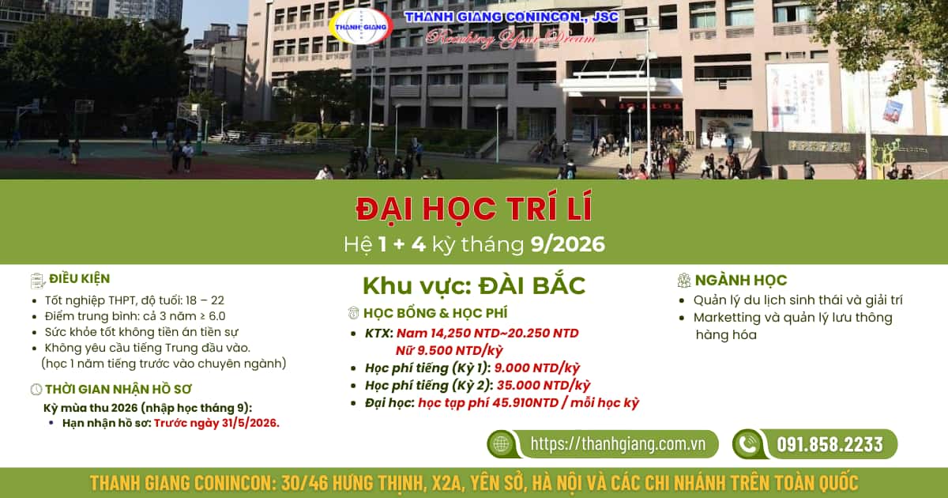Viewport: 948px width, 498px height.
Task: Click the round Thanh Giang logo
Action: click(361, 26)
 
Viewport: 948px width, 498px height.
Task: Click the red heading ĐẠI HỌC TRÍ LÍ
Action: click(474, 209)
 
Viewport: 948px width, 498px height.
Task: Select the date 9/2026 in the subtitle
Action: click(568, 244)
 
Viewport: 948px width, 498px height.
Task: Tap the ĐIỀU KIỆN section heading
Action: click(80, 278)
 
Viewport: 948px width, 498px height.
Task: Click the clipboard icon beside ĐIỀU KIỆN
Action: click(38, 281)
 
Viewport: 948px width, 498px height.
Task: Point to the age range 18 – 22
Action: click(205, 300)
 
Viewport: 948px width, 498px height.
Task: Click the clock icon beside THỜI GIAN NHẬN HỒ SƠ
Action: click(36, 389)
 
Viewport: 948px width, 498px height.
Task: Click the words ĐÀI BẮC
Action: click(532, 285)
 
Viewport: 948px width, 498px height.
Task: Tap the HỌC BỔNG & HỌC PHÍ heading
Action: click(435, 313)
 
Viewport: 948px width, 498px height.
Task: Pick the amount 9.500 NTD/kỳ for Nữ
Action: click(450, 351)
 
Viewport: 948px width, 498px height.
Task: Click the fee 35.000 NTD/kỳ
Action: click(544, 386)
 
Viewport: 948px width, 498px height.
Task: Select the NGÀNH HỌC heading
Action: click(741, 280)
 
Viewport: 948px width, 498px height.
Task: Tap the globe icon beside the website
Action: click(501, 443)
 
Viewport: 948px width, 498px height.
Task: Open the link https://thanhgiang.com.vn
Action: click(618, 443)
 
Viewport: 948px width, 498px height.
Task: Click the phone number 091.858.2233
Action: click(830, 444)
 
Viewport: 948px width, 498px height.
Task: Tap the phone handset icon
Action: click(748, 444)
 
